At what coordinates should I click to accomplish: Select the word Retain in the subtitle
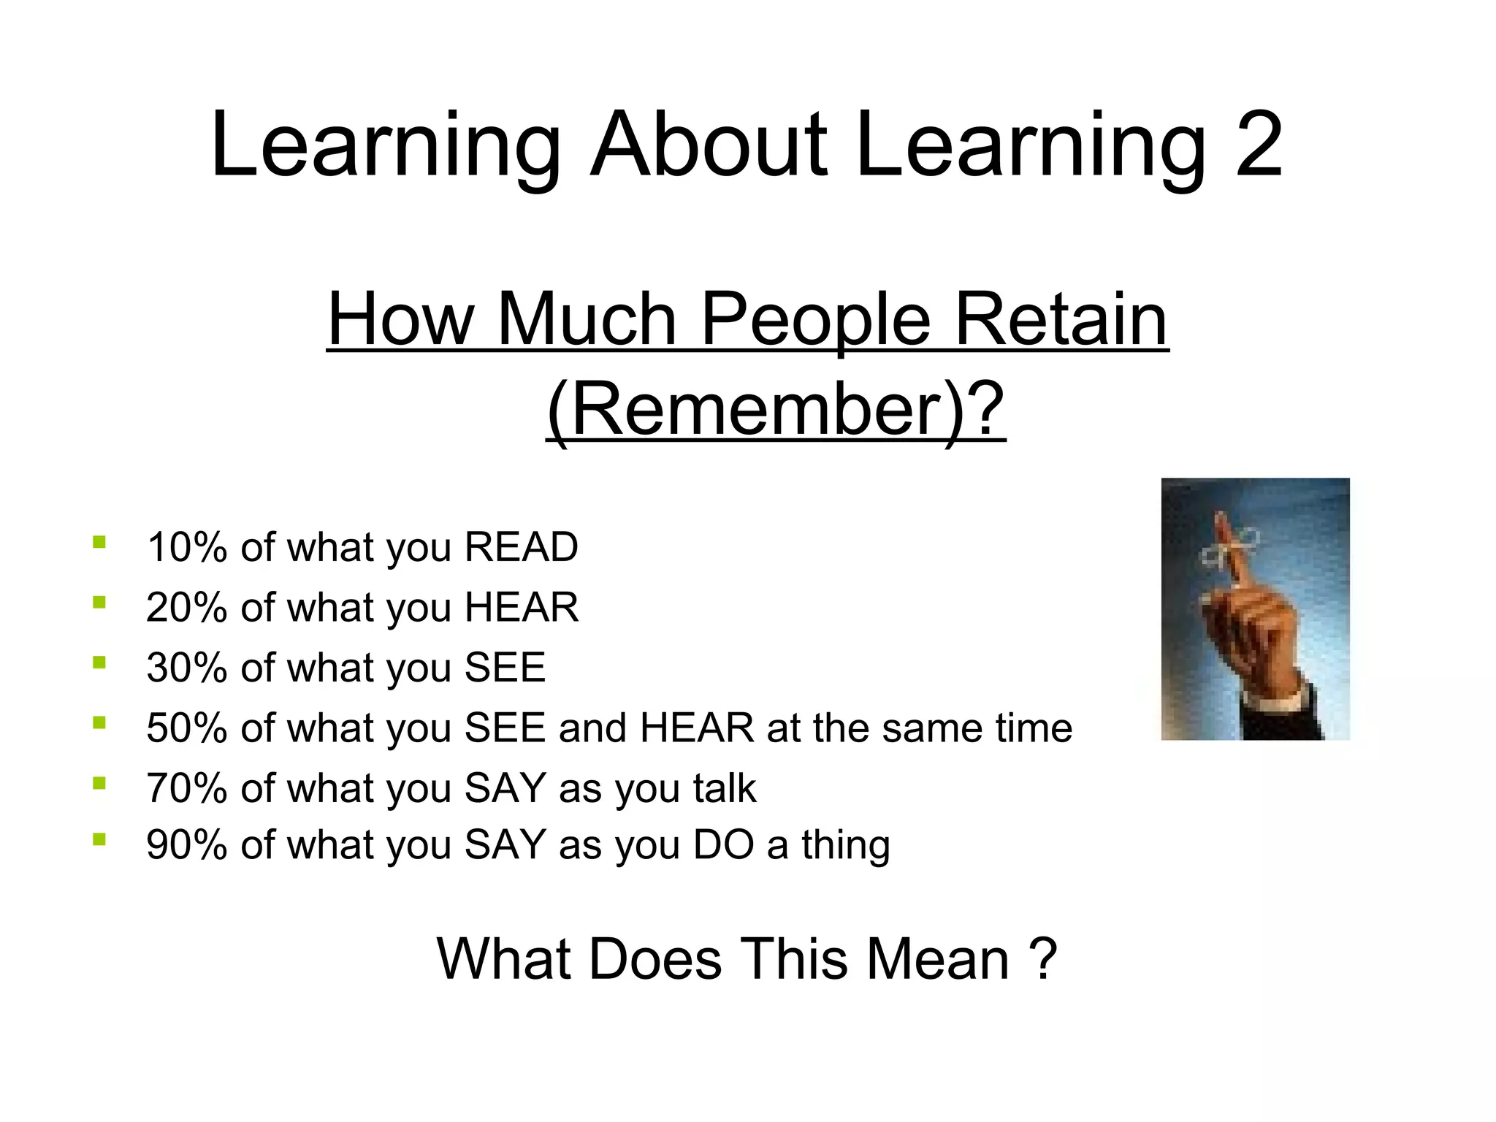click(1061, 320)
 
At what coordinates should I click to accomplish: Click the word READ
click(522, 547)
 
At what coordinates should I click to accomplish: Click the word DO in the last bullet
click(724, 844)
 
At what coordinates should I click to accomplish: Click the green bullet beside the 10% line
click(99, 543)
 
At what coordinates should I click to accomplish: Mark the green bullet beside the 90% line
click(99, 840)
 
